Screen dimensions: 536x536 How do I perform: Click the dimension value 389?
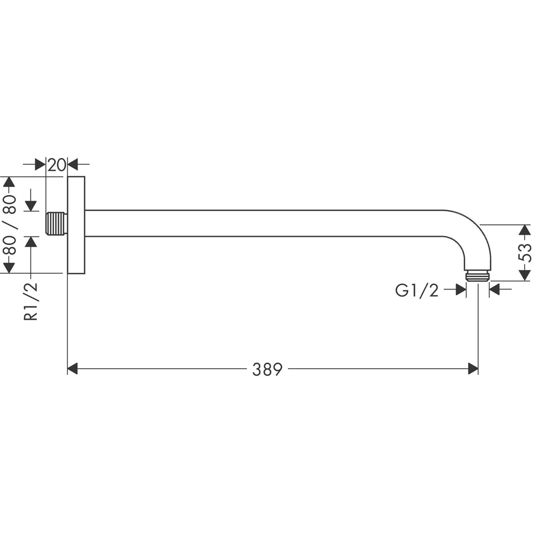click(267, 369)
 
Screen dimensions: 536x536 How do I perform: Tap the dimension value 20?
click(56, 165)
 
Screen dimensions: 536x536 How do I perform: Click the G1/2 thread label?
click(416, 290)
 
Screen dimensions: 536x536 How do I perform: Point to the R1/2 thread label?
click(32, 301)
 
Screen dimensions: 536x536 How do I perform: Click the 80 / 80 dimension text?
click(10, 225)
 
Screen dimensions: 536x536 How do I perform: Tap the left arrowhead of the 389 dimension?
click(72, 369)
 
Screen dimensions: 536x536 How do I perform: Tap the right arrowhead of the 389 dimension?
click(473, 369)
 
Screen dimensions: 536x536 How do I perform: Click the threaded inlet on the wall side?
click(56, 224)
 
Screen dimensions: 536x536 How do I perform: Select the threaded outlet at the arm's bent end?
click(477, 276)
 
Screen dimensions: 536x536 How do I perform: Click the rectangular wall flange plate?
click(76, 225)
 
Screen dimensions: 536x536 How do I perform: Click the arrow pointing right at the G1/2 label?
click(460, 290)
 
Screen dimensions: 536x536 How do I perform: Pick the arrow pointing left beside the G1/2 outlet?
click(495, 290)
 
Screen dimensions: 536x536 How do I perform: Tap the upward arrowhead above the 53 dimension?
click(525, 230)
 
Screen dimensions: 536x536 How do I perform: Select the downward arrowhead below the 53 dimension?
click(525, 275)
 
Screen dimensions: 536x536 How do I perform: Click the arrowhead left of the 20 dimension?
click(40, 165)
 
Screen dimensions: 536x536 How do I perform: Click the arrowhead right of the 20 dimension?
click(73, 165)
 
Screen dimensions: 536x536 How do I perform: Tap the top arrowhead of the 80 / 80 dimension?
click(9, 182)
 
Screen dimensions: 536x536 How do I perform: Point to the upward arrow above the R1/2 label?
click(31, 242)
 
